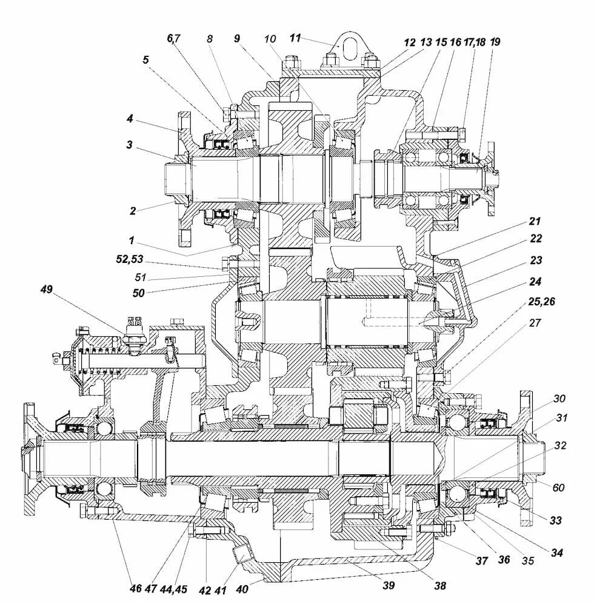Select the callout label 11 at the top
tap(295, 38)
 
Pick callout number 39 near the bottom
tap(388, 585)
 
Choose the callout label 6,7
tap(174, 38)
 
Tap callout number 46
tap(135, 588)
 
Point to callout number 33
tap(556, 520)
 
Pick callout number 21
tap(534, 221)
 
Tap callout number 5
tap(146, 60)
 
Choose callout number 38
tap(440, 585)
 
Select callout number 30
tap(559, 398)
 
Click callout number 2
tap(133, 210)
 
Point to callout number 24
tap(535, 281)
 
